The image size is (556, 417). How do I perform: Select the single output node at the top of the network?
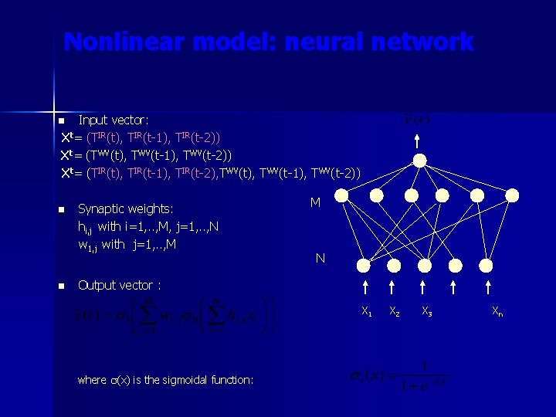[x=419, y=161]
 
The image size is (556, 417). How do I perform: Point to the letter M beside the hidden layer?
[x=315, y=202]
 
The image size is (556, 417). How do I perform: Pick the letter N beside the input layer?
[x=320, y=259]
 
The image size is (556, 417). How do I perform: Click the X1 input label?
[x=367, y=312]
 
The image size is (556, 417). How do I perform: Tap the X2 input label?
[x=395, y=312]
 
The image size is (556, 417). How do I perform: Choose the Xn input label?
[x=499, y=312]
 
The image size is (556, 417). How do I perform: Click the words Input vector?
[x=114, y=120]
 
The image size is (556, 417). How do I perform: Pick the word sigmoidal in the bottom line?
[x=203, y=379]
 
